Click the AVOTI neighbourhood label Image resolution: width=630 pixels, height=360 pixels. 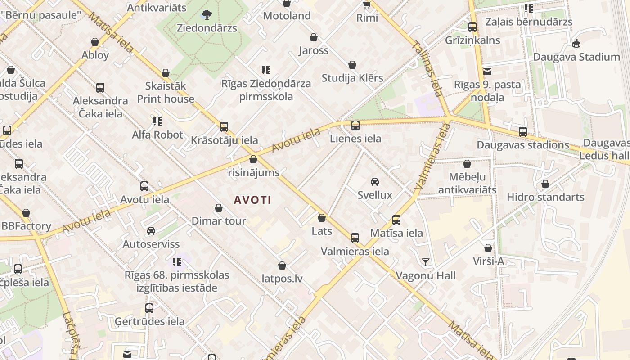[x=252, y=200]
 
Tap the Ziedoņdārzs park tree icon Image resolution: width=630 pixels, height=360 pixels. [x=207, y=15]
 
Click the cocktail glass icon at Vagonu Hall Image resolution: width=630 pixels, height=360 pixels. [x=426, y=262]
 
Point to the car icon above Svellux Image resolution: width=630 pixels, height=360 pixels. [x=374, y=181]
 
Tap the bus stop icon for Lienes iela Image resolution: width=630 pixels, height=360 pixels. [x=355, y=126]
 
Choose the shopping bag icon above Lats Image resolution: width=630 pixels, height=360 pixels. [x=322, y=218]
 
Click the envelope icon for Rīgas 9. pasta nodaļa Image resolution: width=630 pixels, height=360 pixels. [x=487, y=71]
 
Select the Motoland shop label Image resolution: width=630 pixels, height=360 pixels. [x=287, y=16]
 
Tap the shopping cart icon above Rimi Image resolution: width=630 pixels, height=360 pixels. [x=367, y=4]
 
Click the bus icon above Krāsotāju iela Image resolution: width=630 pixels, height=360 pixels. [x=224, y=127]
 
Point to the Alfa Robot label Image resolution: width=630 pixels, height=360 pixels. [x=157, y=135]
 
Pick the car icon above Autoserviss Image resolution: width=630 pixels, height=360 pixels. [x=151, y=231]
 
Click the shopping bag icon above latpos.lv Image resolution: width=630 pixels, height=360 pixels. [x=282, y=266]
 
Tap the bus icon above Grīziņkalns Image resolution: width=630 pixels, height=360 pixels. [x=472, y=27]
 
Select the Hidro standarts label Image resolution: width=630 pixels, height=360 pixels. [x=545, y=197]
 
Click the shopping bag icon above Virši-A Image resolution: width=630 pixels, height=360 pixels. [x=488, y=248]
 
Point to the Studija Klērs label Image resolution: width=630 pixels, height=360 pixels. [x=352, y=78]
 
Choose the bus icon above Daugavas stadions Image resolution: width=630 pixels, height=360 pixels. [x=523, y=132]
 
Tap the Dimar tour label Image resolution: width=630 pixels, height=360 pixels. [x=219, y=221]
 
